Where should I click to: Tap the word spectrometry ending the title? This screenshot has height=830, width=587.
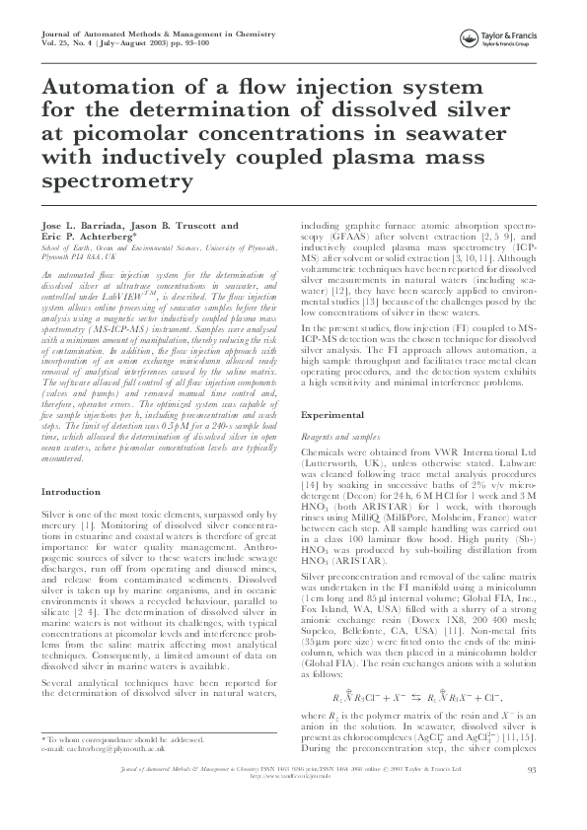click(x=114, y=182)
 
